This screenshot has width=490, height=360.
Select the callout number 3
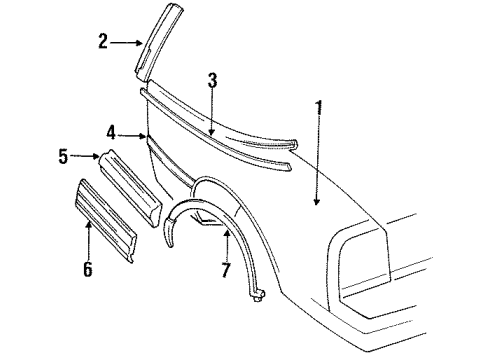pyautogui.click(x=212, y=82)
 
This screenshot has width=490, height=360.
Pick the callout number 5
pyautogui.click(x=64, y=155)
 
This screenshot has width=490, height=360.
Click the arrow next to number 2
pyautogui.click(x=127, y=42)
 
